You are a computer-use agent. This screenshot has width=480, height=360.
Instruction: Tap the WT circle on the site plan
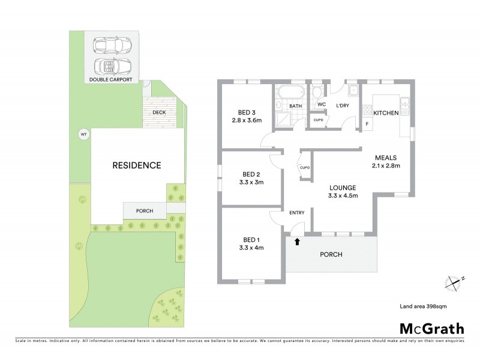click(x=83, y=135)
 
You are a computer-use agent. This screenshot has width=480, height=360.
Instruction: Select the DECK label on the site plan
click(x=159, y=112)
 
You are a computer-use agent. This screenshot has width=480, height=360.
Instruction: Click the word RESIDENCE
click(x=137, y=165)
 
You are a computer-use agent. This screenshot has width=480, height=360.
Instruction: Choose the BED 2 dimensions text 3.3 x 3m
click(x=251, y=182)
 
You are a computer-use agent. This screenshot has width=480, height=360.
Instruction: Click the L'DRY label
click(x=343, y=106)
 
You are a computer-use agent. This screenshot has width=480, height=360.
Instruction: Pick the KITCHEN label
click(x=386, y=113)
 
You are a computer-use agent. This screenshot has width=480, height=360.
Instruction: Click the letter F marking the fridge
click(x=367, y=124)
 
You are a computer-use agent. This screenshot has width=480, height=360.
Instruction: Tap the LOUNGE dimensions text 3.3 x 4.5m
click(x=343, y=196)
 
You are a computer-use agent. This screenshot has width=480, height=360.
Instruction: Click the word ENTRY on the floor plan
click(x=297, y=212)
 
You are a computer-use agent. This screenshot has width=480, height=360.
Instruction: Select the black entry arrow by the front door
click(x=296, y=242)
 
